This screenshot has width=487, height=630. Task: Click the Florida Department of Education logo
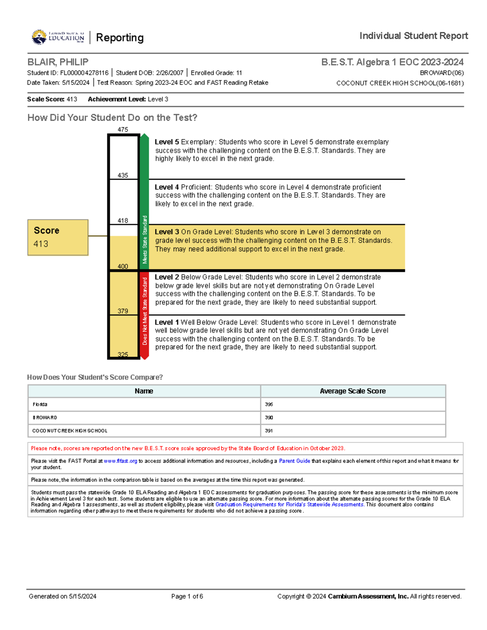pyautogui.click(x=58, y=37)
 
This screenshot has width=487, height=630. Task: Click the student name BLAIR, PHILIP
pyautogui.click(x=58, y=62)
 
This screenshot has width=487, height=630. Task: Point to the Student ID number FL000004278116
pyautogui.click(x=84, y=73)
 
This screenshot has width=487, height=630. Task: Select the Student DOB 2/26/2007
pyautogui.click(x=169, y=73)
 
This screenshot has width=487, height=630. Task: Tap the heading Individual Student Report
pyautogui.click(x=414, y=36)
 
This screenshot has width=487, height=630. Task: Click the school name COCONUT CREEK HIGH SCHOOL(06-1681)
pyautogui.click(x=400, y=83)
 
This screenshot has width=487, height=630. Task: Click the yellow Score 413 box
pyautogui.click(x=58, y=237)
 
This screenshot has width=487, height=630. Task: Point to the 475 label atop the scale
pyautogui.click(x=123, y=130)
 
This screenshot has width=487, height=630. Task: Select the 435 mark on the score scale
pyautogui.click(x=123, y=175)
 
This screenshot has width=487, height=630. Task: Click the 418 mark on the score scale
pyautogui.click(x=123, y=221)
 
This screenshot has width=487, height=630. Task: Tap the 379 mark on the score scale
pyautogui.click(x=123, y=311)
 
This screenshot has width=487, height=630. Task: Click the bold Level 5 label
pyautogui.click(x=166, y=142)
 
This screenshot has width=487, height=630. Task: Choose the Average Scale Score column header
pyautogui.click(x=353, y=391)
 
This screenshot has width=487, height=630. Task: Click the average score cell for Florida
pyautogui.click(x=269, y=404)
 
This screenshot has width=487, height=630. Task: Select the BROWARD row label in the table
pyautogui.click(x=45, y=417)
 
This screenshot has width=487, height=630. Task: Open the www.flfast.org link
pyautogui.click(x=121, y=461)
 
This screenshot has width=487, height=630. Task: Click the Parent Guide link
pyautogui.click(x=294, y=461)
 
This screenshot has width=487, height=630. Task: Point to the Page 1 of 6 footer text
pyautogui.click(x=187, y=596)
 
